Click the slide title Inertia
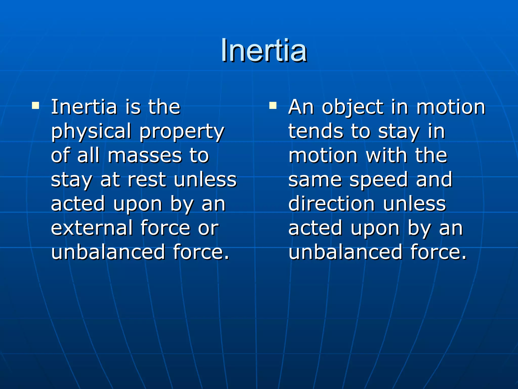(264, 51)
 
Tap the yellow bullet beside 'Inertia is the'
(35, 105)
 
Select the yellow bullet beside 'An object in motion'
(273, 105)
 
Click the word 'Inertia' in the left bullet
(84, 107)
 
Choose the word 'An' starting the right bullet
(301, 107)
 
